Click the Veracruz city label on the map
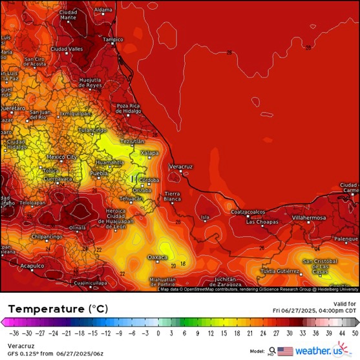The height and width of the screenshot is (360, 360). point(181,167)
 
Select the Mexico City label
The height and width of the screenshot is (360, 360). point(62,157)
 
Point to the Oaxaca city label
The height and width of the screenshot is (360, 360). point(157,257)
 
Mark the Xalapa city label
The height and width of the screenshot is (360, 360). point(149,153)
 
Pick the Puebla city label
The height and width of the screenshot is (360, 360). point(99,174)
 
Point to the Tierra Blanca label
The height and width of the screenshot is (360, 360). point(173,196)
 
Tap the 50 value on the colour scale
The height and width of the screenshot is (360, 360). point(355,334)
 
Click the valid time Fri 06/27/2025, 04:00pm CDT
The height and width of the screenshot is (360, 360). point(314,310)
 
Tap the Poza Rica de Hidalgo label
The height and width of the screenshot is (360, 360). point(128,108)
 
